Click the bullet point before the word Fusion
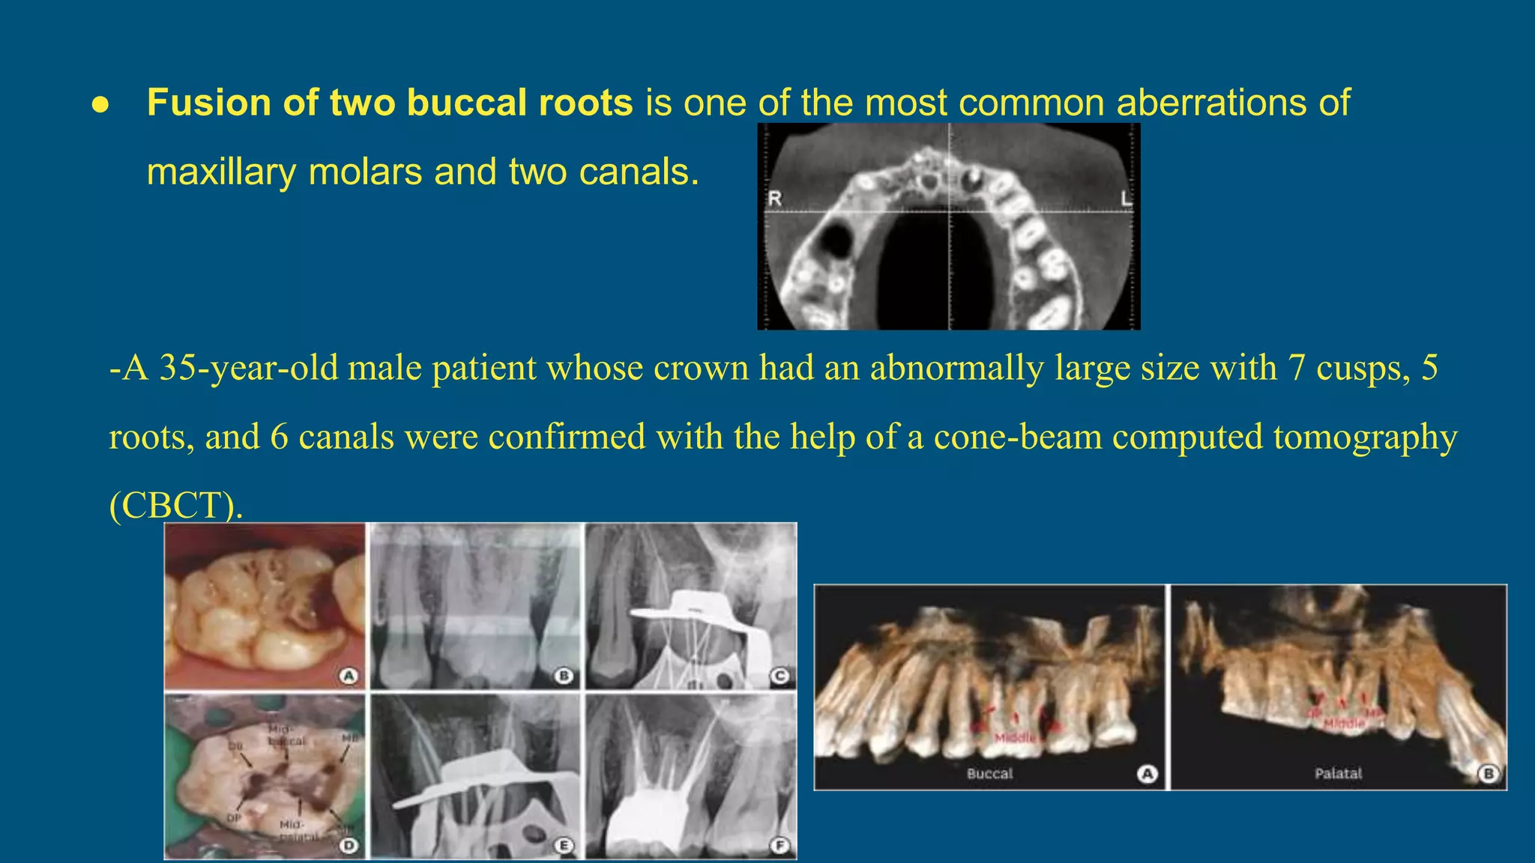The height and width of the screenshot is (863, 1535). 100,106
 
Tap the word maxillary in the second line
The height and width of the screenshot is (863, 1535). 221,172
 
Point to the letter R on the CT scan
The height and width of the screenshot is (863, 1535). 775,199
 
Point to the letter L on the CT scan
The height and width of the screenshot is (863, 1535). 1126,199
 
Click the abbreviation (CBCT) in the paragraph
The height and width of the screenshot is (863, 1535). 176,506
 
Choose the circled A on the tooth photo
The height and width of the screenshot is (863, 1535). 349,676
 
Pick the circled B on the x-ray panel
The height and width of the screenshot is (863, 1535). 564,676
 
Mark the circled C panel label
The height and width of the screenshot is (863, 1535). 780,676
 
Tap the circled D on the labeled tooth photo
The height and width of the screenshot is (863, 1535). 349,846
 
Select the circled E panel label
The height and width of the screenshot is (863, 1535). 564,846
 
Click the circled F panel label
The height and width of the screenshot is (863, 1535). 780,846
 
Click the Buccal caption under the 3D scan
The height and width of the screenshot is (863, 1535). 989,773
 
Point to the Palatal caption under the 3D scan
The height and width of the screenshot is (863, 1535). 1338,773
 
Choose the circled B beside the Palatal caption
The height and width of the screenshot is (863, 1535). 1489,773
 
